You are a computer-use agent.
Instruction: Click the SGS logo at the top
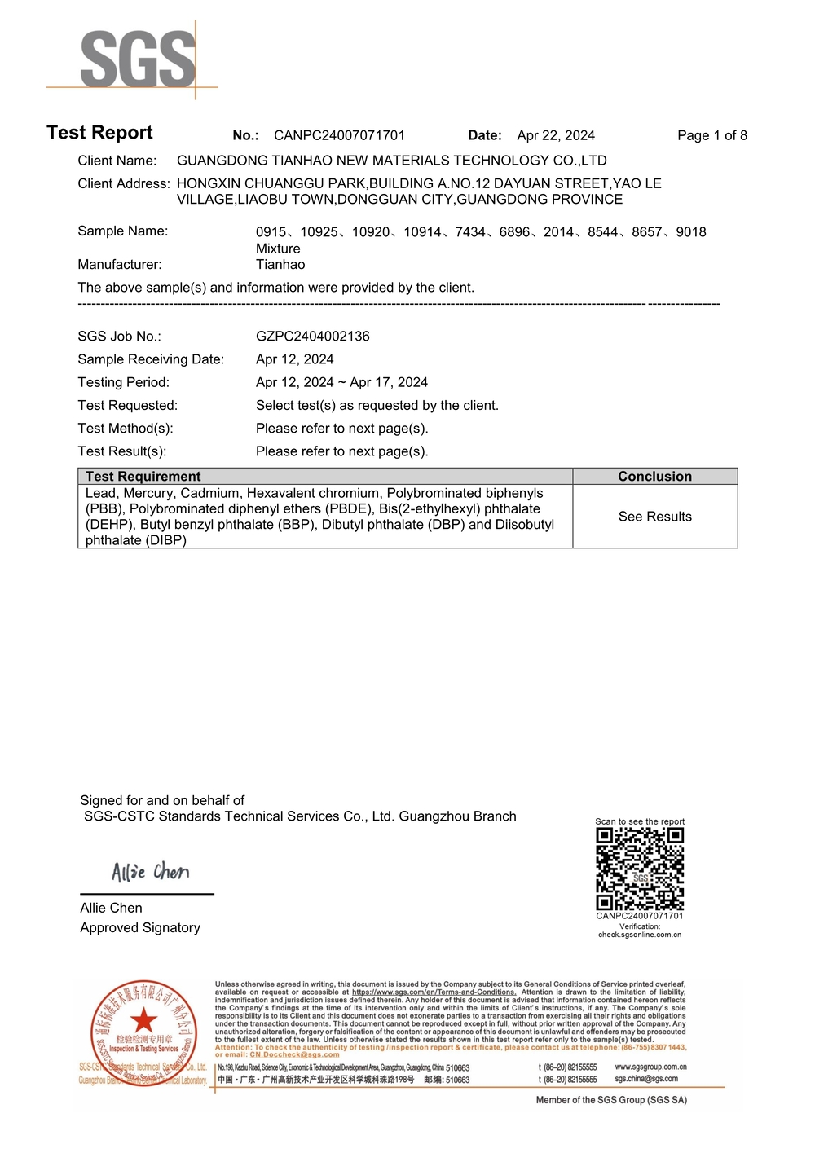tap(138, 59)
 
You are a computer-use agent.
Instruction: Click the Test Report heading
tap(99, 133)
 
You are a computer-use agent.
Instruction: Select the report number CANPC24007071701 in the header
tap(339, 135)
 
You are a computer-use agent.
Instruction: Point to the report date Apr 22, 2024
tap(556, 135)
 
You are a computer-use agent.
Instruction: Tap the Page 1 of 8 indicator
tap(711, 135)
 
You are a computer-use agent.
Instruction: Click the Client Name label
tap(117, 161)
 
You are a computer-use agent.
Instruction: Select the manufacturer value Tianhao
tap(280, 264)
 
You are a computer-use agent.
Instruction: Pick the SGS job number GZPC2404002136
tap(312, 336)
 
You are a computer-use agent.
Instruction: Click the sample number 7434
tap(470, 232)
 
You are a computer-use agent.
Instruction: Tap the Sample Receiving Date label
tap(151, 359)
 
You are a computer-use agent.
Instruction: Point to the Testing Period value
tap(341, 382)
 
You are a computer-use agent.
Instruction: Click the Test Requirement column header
tap(143, 477)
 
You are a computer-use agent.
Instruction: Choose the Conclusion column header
tap(654, 477)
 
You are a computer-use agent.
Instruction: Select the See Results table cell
tap(654, 517)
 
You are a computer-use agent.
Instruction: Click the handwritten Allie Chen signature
tap(150, 872)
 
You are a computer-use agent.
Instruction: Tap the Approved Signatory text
tap(139, 927)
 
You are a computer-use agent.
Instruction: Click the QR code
tap(640, 869)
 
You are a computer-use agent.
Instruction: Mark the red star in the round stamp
tap(143, 1019)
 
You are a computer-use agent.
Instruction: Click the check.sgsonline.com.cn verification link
tap(640, 935)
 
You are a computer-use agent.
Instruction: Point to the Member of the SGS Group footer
tap(611, 1100)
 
